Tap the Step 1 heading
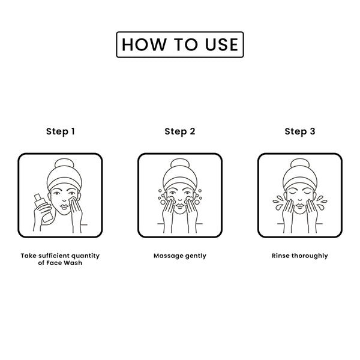[x=61, y=131]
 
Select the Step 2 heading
[x=180, y=131]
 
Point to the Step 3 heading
[x=300, y=131]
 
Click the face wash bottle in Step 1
[x=44, y=208]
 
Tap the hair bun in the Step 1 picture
[x=65, y=164]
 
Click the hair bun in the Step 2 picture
[x=180, y=164]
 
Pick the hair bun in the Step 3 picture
[x=300, y=164]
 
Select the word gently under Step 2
[x=196, y=256]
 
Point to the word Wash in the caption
[x=74, y=263]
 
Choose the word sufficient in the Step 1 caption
[x=54, y=256]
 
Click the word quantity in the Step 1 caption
[x=86, y=256]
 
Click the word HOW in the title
[x=144, y=44]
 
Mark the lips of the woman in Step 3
[x=300, y=205]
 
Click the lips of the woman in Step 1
[x=65, y=206]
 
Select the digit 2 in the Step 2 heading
[x=193, y=131]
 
